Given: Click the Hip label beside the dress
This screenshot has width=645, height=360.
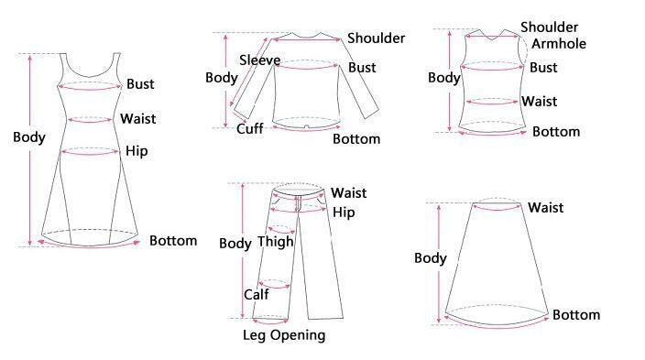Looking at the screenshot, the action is pos(137,151).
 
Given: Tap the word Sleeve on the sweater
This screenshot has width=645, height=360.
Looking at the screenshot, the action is pos(259,60).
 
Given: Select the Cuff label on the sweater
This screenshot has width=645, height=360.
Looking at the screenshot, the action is pos(250,128).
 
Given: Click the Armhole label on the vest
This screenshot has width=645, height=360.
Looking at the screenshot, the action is pos(558,44).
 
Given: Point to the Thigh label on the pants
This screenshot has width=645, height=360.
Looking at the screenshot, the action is pos(275,242).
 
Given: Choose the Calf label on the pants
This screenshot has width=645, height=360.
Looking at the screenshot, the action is pos(256,294).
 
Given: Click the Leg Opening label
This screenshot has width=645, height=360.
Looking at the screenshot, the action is pos(284,335).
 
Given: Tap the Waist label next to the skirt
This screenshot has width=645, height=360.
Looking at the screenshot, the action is pos(545,208).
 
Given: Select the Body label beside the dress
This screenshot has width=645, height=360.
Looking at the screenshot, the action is pos(29,137).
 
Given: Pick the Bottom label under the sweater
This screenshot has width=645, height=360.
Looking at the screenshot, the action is pos(355,139).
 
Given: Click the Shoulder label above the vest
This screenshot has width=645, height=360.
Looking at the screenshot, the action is pos(549,27).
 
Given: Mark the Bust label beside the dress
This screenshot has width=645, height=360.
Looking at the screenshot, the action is pos(140,84).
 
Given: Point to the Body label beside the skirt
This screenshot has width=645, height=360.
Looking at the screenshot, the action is pos(431,258).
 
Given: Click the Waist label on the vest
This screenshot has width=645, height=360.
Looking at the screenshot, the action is pos(539,102).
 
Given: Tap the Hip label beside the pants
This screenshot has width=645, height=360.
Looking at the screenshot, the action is pos(344,213).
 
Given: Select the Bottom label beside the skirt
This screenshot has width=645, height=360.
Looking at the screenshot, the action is pos(576,315).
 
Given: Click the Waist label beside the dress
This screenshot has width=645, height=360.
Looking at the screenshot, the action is pos(137,118).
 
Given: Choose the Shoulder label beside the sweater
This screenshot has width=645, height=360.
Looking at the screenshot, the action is pos(376,38).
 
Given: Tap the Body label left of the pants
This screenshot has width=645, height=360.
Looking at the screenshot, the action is pos(235,244).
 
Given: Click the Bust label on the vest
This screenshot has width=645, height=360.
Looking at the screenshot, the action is pos(543,68).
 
